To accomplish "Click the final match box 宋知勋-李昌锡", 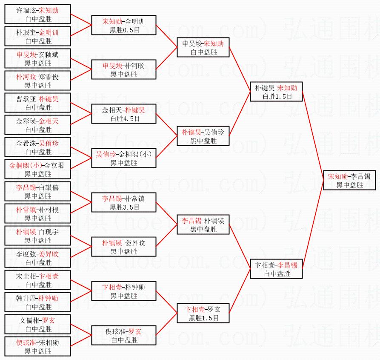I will coord(349,180).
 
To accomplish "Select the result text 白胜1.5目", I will coord(277,97).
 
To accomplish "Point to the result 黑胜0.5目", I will coord(124,30).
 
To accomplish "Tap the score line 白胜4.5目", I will coord(124,119).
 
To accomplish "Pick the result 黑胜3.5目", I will coord(124,207).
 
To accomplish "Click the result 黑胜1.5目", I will coord(203,318).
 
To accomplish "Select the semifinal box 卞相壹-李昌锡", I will coord(277,269).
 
